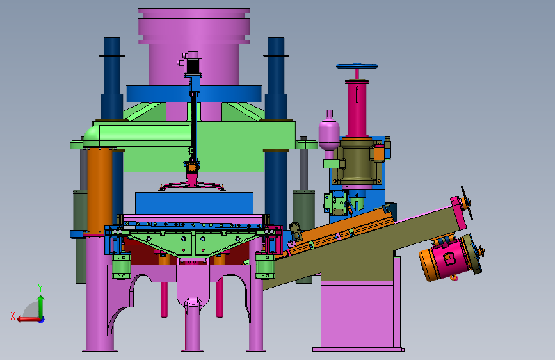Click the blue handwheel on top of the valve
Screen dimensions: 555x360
[357, 66]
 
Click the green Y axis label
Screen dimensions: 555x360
[40, 288]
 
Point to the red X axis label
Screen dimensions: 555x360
[13, 316]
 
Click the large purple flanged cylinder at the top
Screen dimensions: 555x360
[194, 46]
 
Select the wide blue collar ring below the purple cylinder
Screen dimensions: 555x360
[194, 94]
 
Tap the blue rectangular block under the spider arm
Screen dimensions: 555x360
[194, 203]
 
